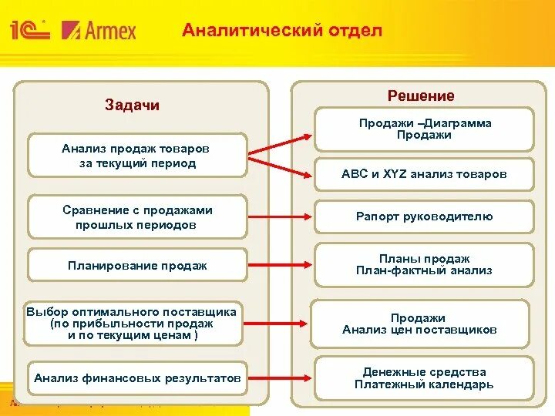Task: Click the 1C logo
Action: pyautogui.click(x=29, y=30)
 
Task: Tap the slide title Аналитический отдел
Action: pyautogui.click(x=281, y=31)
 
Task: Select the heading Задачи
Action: pyautogui.click(x=132, y=106)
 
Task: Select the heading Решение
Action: pyautogui.click(x=421, y=96)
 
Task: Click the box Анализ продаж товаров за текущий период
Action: pyautogui.click(x=137, y=156)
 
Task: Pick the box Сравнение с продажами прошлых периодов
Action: pyautogui.click(x=137, y=217)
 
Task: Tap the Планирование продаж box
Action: pyautogui.click(x=137, y=266)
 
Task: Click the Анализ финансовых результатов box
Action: pyautogui.click(x=137, y=378)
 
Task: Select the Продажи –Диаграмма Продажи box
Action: pyautogui.click(x=425, y=129)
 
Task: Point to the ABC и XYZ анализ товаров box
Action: pyautogui.click(x=425, y=174)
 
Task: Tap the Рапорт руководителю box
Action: pyautogui.click(x=425, y=216)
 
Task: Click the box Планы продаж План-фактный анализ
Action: pyautogui.click(x=425, y=265)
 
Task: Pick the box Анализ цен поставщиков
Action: pyautogui.click(x=420, y=324)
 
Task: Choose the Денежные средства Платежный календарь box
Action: pyautogui.click(x=425, y=378)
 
